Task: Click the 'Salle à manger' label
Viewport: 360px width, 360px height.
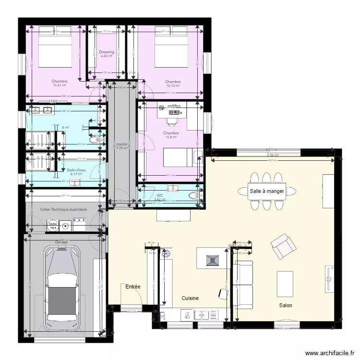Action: [x=267, y=191]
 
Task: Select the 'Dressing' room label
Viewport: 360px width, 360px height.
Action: [x=107, y=52]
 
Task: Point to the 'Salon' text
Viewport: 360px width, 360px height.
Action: [x=286, y=305]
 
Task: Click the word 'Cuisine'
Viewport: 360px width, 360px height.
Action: [x=190, y=298]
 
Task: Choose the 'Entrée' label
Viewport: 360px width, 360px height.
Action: [x=133, y=287]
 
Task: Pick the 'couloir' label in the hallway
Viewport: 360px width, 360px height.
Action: [x=122, y=144]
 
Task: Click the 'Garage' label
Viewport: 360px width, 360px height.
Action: [x=61, y=242]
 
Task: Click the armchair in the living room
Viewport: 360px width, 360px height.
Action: [x=283, y=246]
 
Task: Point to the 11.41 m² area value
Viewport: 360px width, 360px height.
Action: [x=60, y=86]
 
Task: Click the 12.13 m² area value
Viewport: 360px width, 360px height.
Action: [x=172, y=86]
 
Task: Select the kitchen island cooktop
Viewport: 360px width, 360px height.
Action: [x=212, y=260]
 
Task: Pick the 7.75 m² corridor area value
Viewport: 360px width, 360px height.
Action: [x=122, y=148]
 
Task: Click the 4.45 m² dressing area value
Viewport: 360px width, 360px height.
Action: [x=107, y=56]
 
